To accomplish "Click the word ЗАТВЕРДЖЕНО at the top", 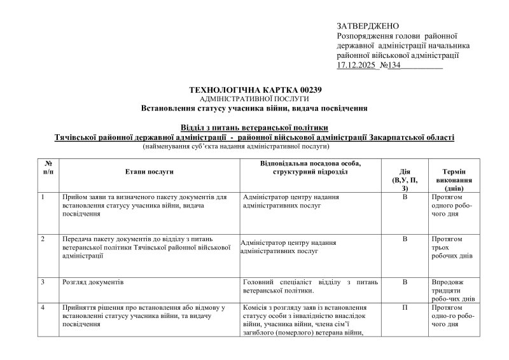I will [367, 25].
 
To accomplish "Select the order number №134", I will [389, 65].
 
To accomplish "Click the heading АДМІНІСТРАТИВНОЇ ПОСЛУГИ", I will [254, 99].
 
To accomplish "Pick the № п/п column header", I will [49, 168].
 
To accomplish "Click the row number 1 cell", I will [43, 197].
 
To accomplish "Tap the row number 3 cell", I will [43, 281].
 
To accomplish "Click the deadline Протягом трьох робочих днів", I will [451, 247].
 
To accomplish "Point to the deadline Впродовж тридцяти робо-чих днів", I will [453, 290].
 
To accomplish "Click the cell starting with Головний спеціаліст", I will [310, 286].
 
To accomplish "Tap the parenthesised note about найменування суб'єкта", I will [254, 146].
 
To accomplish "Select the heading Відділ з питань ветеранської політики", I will [254, 127].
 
